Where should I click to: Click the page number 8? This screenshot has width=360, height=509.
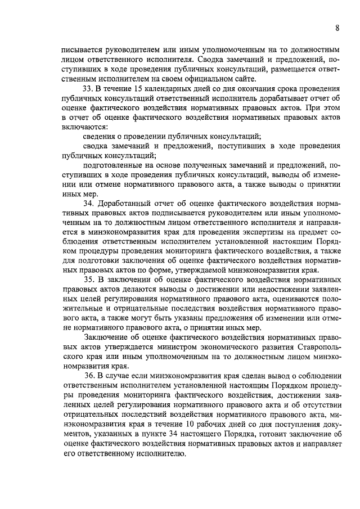[336, 28]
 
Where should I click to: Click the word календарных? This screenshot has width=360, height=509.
[183, 89]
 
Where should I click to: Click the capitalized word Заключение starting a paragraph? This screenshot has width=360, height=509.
[105, 337]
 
